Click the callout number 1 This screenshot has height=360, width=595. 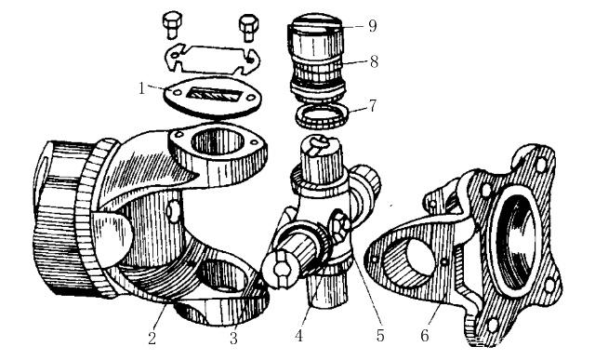click(x=141, y=89)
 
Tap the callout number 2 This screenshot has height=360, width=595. click(x=152, y=338)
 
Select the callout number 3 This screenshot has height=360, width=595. click(x=233, y=338)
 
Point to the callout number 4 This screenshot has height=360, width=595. click(x=299, y=336)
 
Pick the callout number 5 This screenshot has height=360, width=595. click(x=380, y=336)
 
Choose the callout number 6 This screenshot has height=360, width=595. click(x=424, y=336)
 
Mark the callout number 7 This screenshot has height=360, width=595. click(x=373, y=105)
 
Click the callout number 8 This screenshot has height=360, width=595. click(x=374, y=61)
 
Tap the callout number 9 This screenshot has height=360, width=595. click(x=372, y=26)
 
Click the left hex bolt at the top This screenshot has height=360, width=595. click(x=172, y=25)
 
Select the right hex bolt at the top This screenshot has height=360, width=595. click(x=248, y=26)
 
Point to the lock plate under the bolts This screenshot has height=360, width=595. click(x=213, y=59)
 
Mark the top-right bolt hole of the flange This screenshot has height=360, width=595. click(x=540, y=164)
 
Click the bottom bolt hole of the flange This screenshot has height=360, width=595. click(x=493, y=326)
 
